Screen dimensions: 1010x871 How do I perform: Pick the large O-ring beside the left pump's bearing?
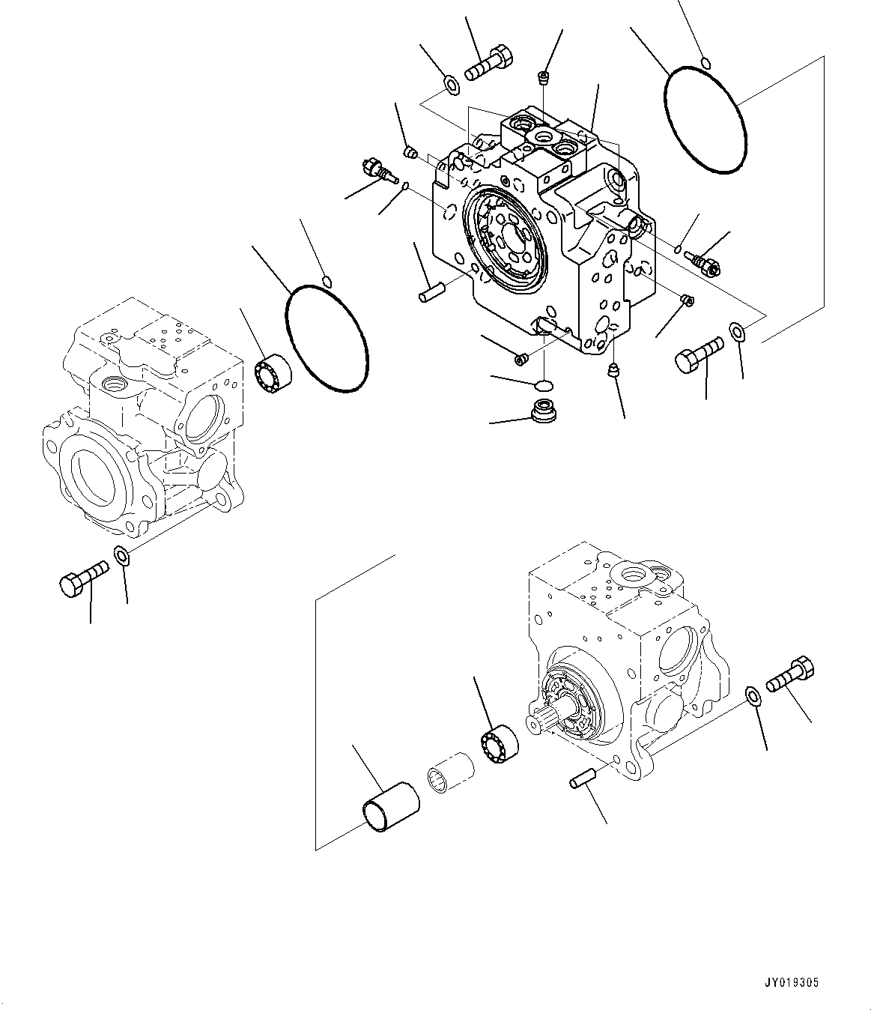coord(327,338)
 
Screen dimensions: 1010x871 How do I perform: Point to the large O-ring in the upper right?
coord(705,120)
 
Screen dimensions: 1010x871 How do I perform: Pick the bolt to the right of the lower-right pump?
coord(789,674)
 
